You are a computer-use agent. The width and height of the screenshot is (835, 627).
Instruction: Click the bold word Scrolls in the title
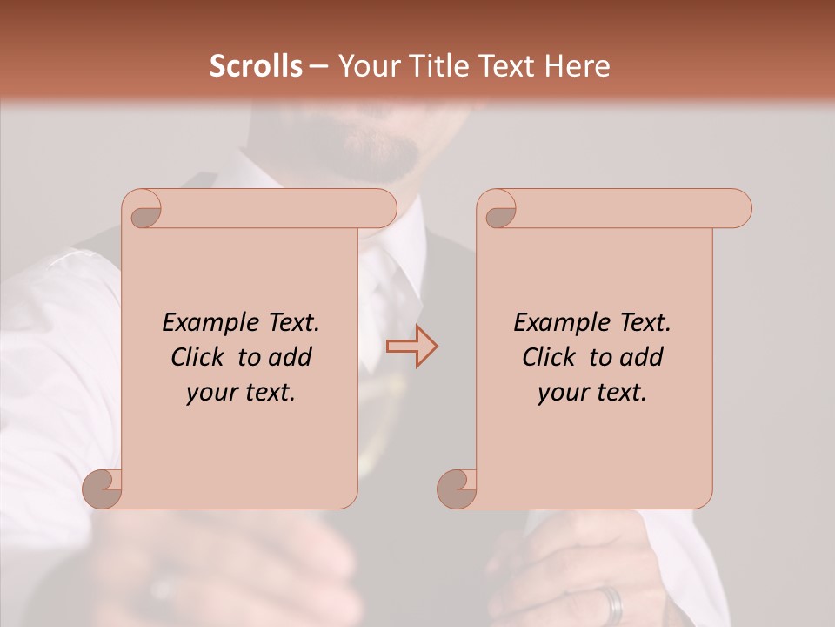[256, 66]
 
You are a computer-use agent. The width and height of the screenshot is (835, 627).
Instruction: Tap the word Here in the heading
[578, 66]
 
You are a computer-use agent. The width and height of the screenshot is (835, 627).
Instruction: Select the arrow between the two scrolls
[411, 347]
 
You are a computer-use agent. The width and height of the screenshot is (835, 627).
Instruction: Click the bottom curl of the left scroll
[103, 489]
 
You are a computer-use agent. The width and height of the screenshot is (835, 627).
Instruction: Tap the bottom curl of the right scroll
[458, 489]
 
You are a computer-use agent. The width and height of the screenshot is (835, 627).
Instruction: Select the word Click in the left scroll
[196, 357]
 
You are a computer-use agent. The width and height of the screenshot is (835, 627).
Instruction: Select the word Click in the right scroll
[547, 357]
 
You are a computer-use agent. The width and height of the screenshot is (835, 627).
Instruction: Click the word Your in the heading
[366, 66]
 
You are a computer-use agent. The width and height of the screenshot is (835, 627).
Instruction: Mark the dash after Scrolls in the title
[318, 66]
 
